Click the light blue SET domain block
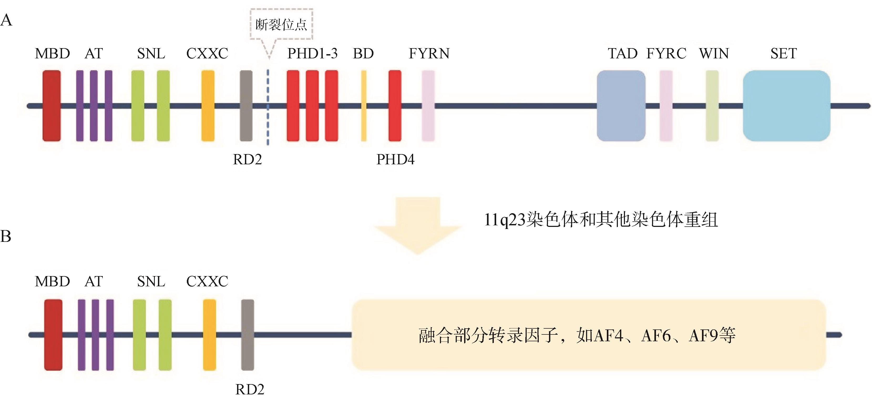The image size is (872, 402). [x=786, y=106]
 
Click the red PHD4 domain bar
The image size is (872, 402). [x=395, y=106]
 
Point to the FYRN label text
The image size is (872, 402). [x=429, y=54]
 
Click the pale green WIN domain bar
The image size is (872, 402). [x=712, y=106]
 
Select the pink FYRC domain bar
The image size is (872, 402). [x=666, y=106]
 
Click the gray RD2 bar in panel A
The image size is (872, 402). [x=246, y=106]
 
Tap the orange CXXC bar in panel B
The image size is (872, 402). [x=209, y=335]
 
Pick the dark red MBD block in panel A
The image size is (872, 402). [x=52, y=106]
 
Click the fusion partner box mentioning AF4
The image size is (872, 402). [x=589, y=335]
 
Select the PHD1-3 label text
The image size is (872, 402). [x=312, y=54]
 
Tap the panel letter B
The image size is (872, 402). [x=6, y=236]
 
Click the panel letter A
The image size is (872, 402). [x=6, y=20]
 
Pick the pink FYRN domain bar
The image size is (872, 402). [x=428, y=106]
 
